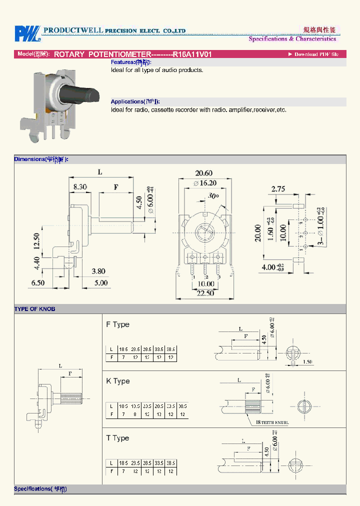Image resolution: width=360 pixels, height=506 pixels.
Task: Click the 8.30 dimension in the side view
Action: point(80,187)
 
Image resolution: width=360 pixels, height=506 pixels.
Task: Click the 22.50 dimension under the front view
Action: point(205,293)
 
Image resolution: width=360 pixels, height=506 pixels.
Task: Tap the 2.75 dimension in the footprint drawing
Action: point(278,189)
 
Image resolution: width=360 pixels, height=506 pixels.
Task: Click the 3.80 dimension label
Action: point(98,271)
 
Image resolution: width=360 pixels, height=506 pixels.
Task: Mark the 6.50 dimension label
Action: point(37,283)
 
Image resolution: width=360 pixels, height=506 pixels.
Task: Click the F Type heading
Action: point(117,324)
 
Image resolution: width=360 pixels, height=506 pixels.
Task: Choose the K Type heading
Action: point(117,381)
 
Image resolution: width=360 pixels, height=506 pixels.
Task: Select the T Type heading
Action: point(117,438)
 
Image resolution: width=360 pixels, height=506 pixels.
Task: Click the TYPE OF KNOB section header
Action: point(35,309)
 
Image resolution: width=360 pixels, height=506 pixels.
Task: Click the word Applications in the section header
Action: point(127,101)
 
